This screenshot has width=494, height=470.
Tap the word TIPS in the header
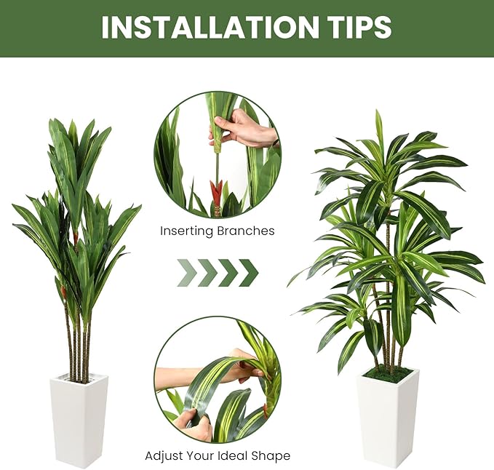(x=357, y=27)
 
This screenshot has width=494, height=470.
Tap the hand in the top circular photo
(x=244, y=132)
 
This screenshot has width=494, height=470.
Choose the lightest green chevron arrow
(x=188, y=273)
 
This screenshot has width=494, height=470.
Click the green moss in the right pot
(x=388, y=374)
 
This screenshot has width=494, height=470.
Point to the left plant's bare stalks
(x=77, y=342)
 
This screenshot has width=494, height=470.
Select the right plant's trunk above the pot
(x=389, y=342)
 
